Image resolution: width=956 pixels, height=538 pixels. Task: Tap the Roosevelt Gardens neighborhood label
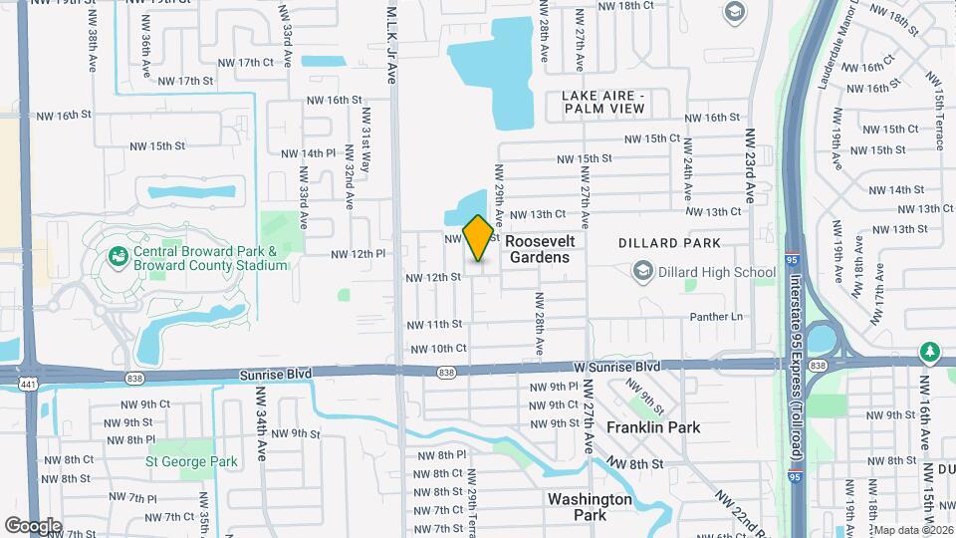pyautogui.click(x=540, y=249)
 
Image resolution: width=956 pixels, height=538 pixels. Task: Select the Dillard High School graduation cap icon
pyautogui.click(x=643, y=272)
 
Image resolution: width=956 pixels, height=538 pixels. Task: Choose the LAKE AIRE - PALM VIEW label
pyautogui.click(x=604, y=102)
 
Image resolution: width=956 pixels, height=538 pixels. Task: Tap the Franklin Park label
pyautogui.click(x=653, y=427)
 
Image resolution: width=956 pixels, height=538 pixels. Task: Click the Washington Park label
pyautogui.click(x=590, y=506)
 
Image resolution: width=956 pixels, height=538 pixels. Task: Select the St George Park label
pyautogui.click(x=191, y=461)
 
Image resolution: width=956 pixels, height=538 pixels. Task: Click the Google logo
pyautogui.click(x=33, y=525)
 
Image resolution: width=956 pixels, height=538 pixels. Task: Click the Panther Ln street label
pyautogui.click(x=717, y=317)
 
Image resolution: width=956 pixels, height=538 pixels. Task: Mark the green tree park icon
pyautogui.click(x=930, y=351)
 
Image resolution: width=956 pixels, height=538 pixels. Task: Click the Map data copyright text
pyautogui.click(x=913, y=529)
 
